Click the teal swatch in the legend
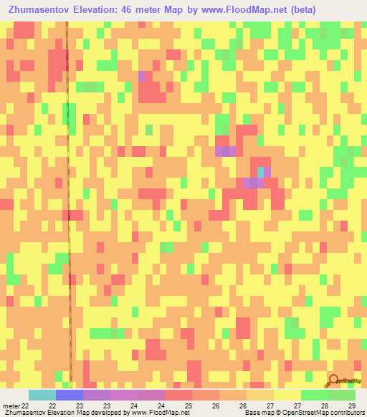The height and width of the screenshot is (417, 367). coord(42,395)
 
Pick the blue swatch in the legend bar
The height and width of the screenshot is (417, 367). coord(70,395)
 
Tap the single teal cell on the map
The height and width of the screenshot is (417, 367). coord(260,173)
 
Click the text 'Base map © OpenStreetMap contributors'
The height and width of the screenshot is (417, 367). coord(304,413)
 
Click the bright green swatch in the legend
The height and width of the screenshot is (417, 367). coord(315,395)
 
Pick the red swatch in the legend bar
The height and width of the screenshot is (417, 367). coord(178,395)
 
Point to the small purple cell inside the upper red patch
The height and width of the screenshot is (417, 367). coord(142,76)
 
